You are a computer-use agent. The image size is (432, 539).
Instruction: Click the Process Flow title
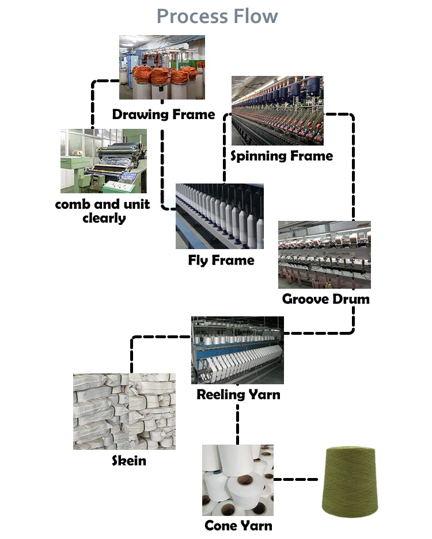tap(217, 16)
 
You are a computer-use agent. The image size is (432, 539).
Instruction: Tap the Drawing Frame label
tap(164, 114)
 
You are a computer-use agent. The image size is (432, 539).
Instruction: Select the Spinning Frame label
tap(282, 156)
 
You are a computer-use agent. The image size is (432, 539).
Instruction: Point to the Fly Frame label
tap(221, 261)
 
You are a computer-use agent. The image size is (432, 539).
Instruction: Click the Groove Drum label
tap(325, 299)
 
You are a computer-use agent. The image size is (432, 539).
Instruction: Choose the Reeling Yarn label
tap(238, 395)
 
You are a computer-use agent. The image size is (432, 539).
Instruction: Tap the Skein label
tap(128, 461)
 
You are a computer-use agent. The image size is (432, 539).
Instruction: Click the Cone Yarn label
tap(238, 525)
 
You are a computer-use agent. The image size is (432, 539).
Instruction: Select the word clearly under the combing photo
tap(104, 218)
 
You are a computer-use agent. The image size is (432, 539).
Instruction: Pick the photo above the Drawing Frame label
tap(162, 67)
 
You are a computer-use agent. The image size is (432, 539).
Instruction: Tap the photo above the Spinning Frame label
tap(277, 110)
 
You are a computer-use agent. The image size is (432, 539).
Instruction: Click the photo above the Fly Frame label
tap(219, 216)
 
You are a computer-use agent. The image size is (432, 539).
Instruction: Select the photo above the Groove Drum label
tap(324, 255)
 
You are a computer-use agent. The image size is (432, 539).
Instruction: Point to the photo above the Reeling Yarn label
tap(237, 350)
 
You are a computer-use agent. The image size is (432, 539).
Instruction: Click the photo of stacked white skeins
tap(124, 412)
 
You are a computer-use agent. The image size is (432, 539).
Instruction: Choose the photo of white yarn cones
tap(237, 480)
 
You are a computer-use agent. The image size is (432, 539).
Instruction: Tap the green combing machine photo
tap(104, 160)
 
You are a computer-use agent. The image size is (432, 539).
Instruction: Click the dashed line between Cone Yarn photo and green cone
tap(296, 479)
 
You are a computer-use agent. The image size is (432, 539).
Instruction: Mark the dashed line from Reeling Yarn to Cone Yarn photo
tap(237, 423)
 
